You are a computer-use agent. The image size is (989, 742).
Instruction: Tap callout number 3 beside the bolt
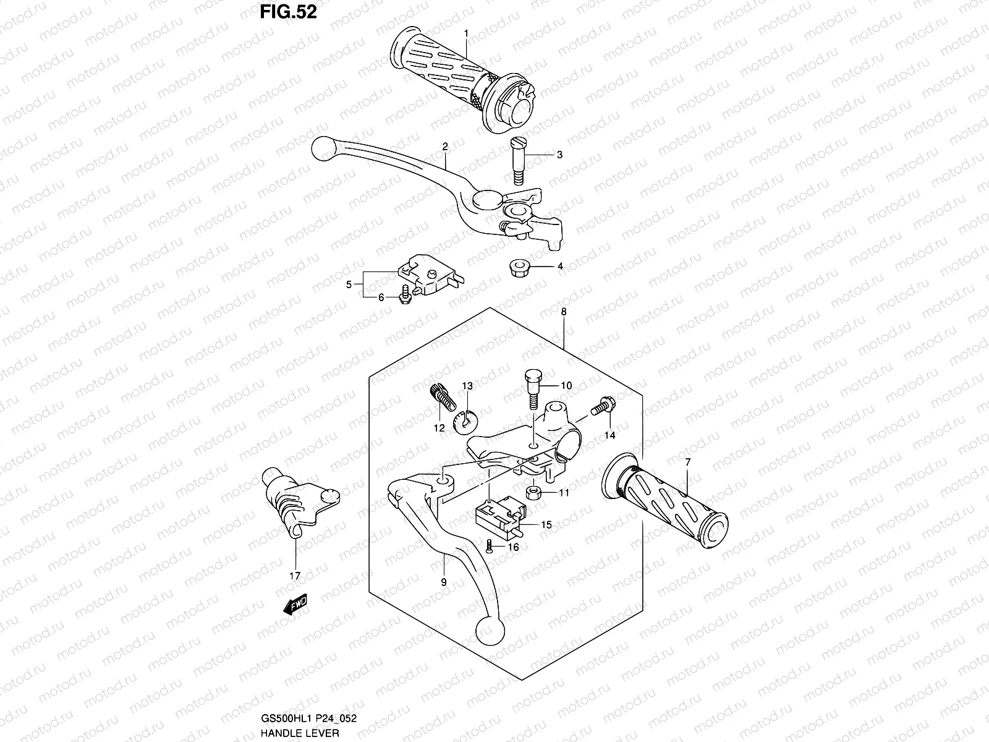559,155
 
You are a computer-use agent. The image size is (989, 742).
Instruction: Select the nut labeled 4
518,268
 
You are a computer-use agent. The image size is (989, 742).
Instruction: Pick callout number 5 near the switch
349,284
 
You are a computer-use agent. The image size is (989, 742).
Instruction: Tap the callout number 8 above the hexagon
563,313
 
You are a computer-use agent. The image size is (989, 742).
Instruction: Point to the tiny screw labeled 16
489,546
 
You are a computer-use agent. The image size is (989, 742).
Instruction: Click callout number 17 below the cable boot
295,576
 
